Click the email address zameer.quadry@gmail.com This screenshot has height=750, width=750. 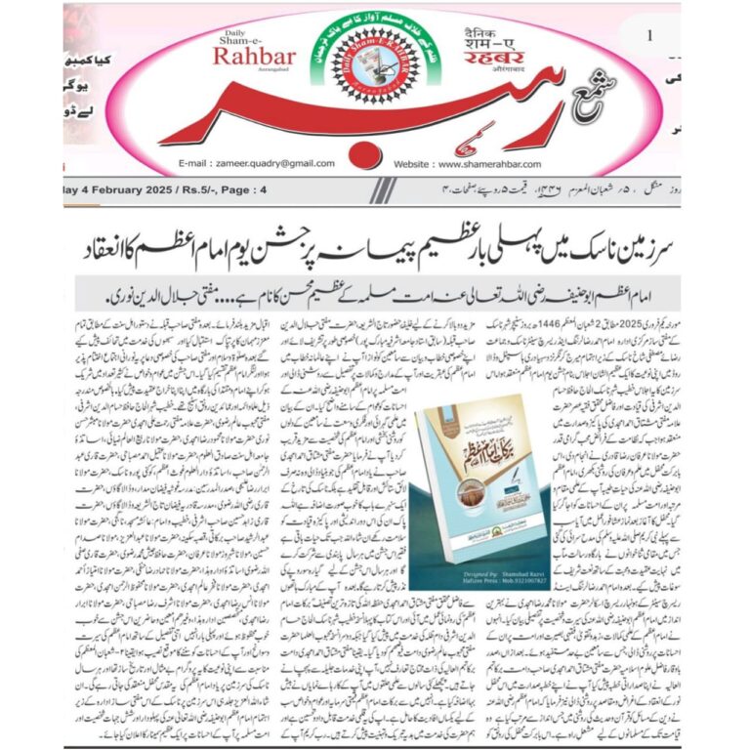tap(257, 163)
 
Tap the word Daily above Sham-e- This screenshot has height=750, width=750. tap(238, 31)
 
